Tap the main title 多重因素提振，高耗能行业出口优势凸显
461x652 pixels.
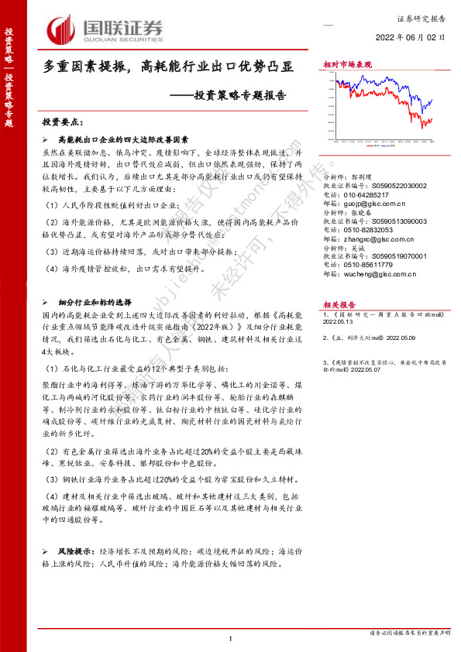(x=168, y=68)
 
